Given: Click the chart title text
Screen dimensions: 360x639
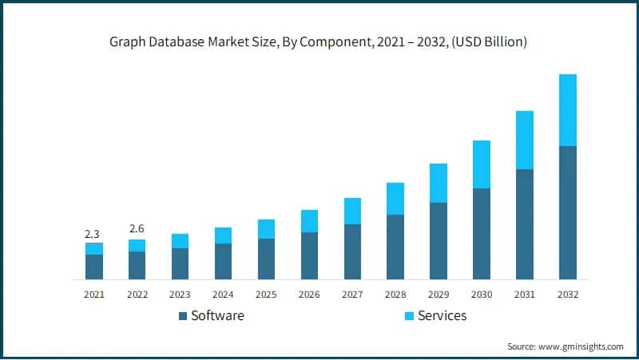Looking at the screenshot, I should click(x=319, y=42).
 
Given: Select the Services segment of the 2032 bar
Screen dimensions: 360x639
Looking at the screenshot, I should click(x=568, y=110).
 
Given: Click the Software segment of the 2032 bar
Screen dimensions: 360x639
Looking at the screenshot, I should click(x=568, y=212).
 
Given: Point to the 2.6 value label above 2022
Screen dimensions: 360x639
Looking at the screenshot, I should click(x=137, y=229).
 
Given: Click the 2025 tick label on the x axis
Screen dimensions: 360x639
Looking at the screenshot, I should click(x=266, y=295).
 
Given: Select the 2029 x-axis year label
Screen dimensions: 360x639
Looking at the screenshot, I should click(x=439, y=295).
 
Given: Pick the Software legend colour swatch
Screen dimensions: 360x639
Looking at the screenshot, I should click(x=183, y=316).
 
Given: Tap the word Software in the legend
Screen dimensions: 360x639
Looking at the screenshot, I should click(x=217, y=316).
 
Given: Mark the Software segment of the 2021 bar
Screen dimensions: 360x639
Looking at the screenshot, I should click(x=94, y=267).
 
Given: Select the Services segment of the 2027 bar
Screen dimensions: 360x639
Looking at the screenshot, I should click(x=352, y=211).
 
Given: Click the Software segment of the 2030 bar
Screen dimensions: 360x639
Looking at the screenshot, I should click(x=482, y=234).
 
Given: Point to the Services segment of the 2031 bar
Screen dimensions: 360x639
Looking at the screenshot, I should click(x=525, y=140).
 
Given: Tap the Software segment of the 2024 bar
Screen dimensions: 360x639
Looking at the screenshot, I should click(x=224, y=261).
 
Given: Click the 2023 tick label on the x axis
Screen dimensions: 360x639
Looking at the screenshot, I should click(x=181, y=295).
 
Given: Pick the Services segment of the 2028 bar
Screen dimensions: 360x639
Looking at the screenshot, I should click(x=395, y=199).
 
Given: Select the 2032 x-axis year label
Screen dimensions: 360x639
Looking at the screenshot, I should click(x=568, y=295).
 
